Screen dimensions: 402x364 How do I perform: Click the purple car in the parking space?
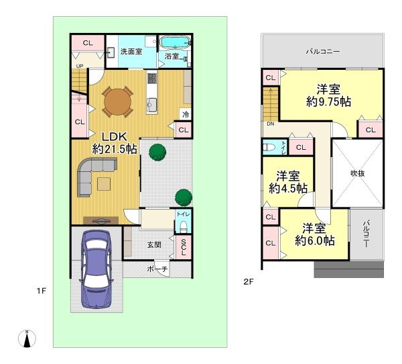pos(96,269)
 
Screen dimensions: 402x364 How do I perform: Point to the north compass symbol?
pos(27,338)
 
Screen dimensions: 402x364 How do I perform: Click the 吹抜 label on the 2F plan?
pos(357,173)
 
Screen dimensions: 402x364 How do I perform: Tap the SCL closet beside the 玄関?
pos(184,247)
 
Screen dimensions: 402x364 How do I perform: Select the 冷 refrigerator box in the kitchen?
pos(186,114)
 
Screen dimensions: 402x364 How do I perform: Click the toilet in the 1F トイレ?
pos(184,226)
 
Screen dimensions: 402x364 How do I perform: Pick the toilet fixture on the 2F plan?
pos(269,147)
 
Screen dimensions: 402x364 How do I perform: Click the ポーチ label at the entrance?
pos(157,269)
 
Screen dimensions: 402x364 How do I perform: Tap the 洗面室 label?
pos(131,52)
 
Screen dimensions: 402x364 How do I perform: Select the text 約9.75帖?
pos(329,102)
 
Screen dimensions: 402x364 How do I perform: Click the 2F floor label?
pos(249,282)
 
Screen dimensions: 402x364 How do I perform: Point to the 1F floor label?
pos(41,291)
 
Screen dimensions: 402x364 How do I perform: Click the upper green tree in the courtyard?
pos(157,152)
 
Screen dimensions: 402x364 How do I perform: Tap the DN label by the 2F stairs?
pos(271,124)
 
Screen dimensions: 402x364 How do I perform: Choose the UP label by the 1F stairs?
pos(80,66)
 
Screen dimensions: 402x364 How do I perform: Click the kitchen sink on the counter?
pos(152,105)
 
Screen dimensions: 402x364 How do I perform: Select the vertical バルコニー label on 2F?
pos(366,234)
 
